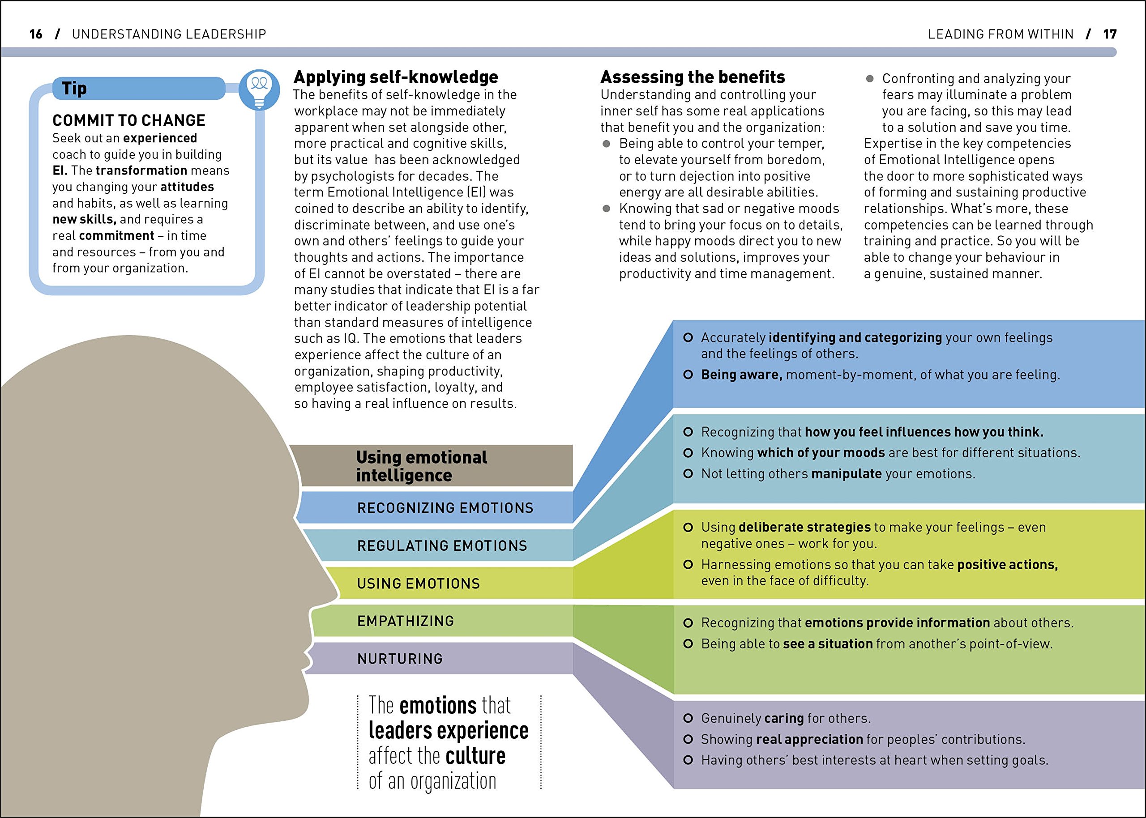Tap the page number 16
click(36, 34)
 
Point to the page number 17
click(1110, 34)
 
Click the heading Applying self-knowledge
click(395, 77)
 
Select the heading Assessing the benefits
click(692, 77)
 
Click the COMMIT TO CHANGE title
click(129, 120)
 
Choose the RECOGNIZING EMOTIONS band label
click(445, 508)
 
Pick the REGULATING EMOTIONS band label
click(442, 545)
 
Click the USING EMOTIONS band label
click(418, 583)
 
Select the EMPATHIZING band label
click(406, 621)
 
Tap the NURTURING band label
click(400, 659)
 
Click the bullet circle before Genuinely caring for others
click(688, 718)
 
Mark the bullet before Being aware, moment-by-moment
click(688, 374)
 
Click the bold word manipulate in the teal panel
click(846, 473)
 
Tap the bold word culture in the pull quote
click(475, 755)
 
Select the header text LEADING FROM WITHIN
click(1001, 34)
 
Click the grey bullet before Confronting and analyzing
click(869, 79)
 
